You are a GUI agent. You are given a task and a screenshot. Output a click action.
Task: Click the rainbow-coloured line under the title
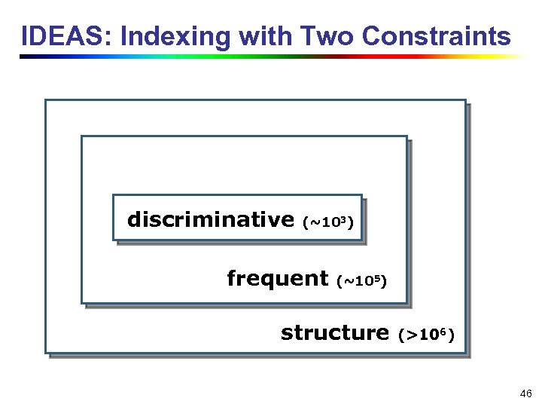[271, 57]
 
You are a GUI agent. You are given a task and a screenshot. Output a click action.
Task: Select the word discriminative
[210, 220]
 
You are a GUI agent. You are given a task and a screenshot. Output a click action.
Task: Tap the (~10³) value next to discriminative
[327, 222]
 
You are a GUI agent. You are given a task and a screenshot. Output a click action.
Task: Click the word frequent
[277, 279]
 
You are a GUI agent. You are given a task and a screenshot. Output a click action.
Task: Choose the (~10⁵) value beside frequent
[361, 282]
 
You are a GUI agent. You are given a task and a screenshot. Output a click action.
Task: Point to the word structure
[334, 333]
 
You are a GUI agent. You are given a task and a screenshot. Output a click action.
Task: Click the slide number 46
[525, 394]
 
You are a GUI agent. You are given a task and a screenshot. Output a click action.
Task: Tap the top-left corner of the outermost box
[46, 101]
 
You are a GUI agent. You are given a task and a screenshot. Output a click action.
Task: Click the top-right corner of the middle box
[406, 137]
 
